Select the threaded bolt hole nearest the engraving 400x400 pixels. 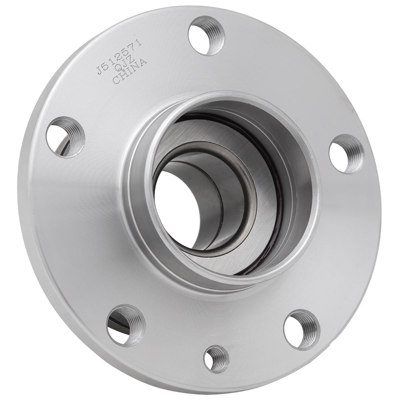click(206, 35)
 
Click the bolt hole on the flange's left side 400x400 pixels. click(65, 137)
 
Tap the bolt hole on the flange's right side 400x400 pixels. click(346, 154)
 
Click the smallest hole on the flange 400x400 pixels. click(216, 359)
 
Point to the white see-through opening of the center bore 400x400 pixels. click(176, 208)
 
